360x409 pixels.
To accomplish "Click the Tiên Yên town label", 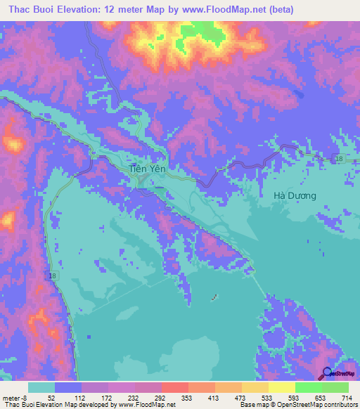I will point(146,169).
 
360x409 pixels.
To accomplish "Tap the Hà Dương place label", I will point(294,195).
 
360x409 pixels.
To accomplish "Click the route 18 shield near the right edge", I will point(339,160).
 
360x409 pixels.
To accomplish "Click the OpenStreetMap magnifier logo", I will point(327,374).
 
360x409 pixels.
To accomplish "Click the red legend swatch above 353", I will point(174,387).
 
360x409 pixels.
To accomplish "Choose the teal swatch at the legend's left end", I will point(41,387).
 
